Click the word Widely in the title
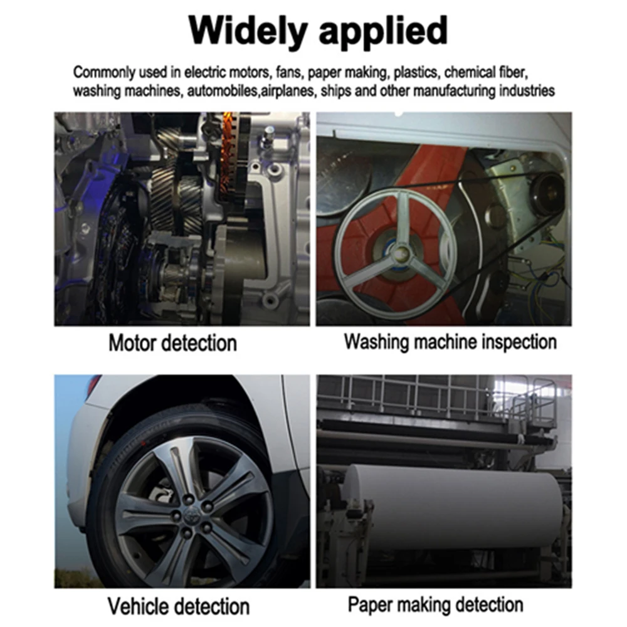click(x=248, y=31)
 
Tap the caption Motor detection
click(x=173, y=343)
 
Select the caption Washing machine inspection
click(x=450, y=342)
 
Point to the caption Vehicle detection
click(x=178, y=606)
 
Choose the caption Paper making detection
click(x=436, y=604)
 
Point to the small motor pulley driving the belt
click(x=547, y=187)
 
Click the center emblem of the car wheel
click(x=189, y=516)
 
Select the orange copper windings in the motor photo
click(x=229, y=156)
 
